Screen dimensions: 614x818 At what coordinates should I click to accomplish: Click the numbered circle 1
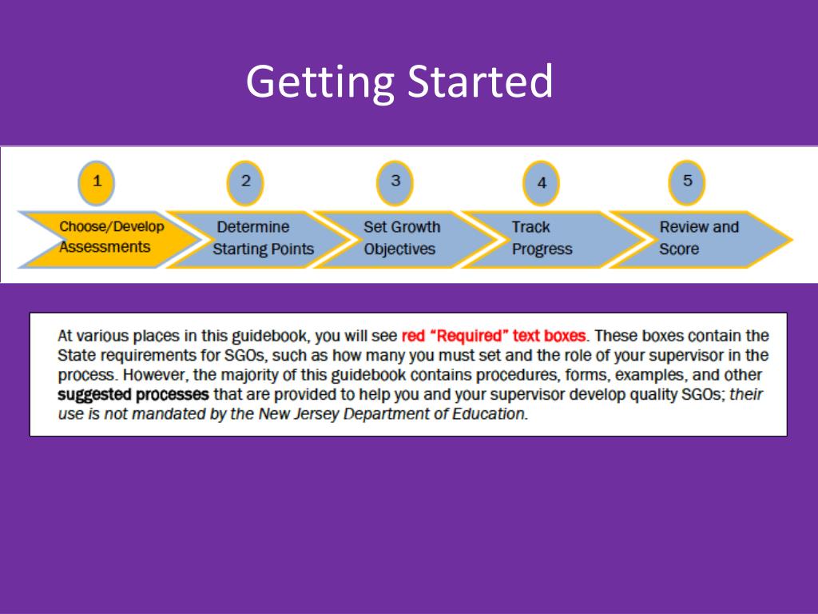pyautogui.click(x=97, y=181)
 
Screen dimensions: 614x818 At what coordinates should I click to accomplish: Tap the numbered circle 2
pyautogui.click(x=245, y=181)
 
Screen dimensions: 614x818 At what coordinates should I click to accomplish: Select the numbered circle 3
pyautogui.click(x=395, y=181)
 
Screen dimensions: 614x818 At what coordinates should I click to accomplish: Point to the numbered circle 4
pyautogui.click(x=542, y=183)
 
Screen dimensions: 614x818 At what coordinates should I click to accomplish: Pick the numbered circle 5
pyautogui.click(x=687, y=181)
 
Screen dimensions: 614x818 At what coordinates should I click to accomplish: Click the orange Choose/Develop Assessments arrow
pyautogui.click(x=108, y=237)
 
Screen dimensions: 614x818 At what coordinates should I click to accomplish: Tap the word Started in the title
pyautogui.click(x=480, y=81)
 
